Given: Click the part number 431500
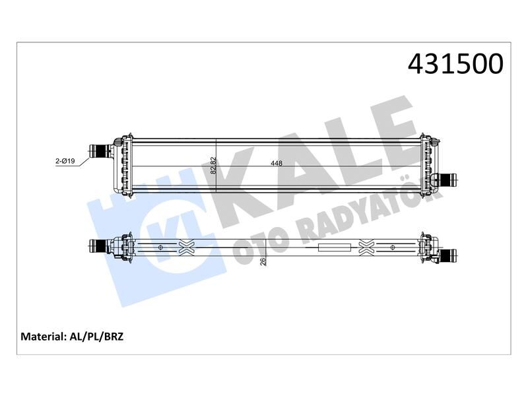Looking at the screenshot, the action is [455, 63].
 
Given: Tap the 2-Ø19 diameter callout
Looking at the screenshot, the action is [65, 161].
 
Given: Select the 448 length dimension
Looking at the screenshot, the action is [277, 163].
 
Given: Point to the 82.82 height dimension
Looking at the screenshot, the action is [213, 165].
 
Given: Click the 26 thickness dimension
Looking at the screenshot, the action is [263, 261].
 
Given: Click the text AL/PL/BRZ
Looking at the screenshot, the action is [96, 337].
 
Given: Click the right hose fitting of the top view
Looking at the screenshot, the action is [447, 180].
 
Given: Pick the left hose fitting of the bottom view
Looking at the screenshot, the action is [100, 246].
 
